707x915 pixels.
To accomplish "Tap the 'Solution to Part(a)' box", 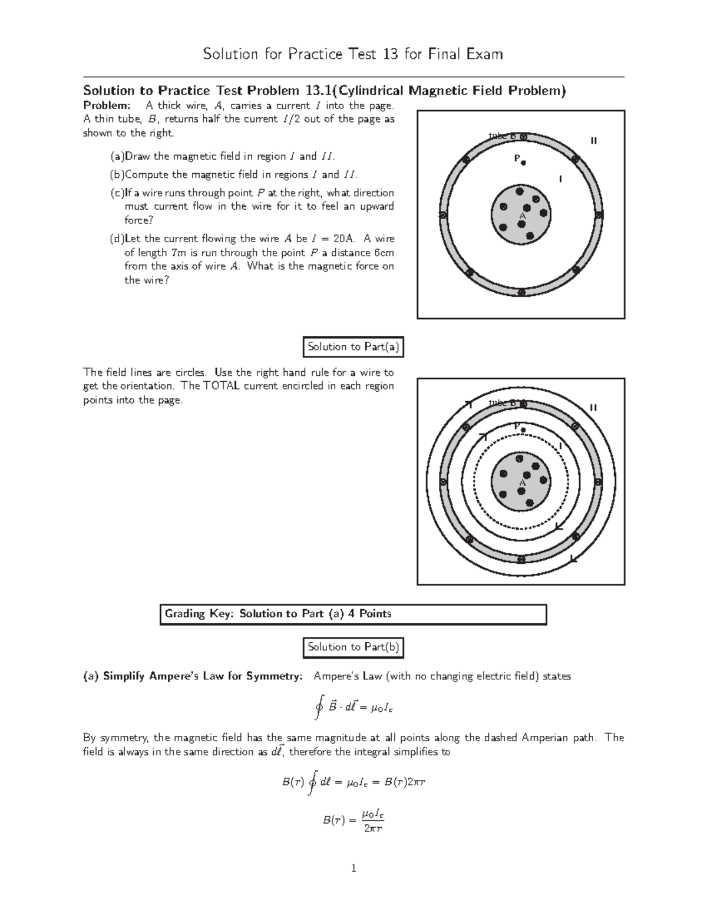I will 353,347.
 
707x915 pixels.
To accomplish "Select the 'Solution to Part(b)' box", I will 353,647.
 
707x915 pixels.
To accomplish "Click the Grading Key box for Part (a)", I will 353,614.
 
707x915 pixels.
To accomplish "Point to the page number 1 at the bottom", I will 353,868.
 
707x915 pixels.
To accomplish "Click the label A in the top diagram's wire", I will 521,216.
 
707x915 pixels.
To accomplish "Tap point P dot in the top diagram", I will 523,163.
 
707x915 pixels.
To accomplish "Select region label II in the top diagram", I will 593,141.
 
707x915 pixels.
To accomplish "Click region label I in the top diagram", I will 560,179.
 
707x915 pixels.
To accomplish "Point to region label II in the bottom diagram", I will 593,408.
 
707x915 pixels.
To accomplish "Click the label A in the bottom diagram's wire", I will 521,483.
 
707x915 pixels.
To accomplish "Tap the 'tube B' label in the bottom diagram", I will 503,404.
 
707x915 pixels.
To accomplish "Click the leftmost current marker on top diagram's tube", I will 442,215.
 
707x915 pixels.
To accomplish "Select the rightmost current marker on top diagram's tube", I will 599,215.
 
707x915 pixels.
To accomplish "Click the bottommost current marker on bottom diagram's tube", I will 521,559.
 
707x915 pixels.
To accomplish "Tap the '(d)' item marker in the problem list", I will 117,239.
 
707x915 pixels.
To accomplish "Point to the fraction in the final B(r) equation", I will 373,821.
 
